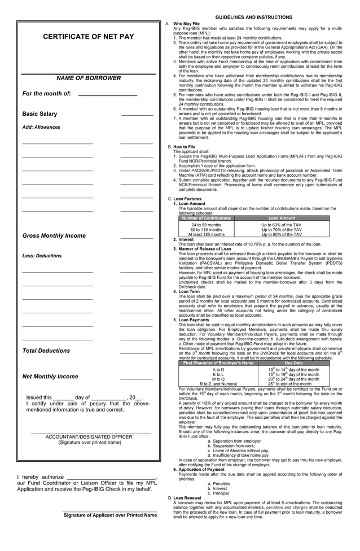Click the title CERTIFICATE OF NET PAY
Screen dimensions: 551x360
[x=89, y=37]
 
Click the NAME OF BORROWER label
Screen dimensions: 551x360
[x=89, y=78]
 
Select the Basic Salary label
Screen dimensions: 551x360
[x=39, y=114]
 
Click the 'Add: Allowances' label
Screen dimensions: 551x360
[x=41, y=128]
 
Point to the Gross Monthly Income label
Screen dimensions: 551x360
[x=54, y=235]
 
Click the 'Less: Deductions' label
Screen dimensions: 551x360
[x=42, y=256]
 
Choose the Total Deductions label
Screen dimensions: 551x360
[x=46, y=351]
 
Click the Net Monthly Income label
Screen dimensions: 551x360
[x=50, y=377]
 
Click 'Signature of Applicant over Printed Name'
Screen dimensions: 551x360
[x=110, y=515]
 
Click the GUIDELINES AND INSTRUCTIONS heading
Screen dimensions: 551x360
[x=253, y=18]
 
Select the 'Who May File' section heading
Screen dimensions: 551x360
[x=186, y=24]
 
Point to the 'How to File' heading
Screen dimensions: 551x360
[x=185, y=146]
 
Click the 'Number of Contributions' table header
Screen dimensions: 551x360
[x=207, y=218]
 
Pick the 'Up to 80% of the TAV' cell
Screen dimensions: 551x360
[x=282, y=234]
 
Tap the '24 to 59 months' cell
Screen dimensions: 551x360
[x=207, y=225]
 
